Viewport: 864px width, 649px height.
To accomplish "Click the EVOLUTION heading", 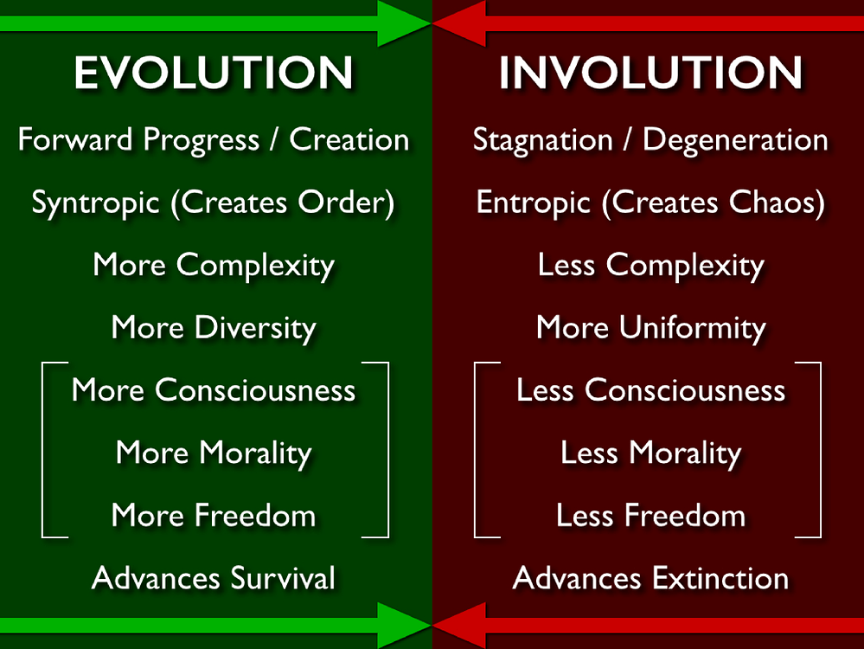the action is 214,72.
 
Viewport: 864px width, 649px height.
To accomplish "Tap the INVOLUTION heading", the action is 650,72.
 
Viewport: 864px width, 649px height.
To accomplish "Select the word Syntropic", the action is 96,203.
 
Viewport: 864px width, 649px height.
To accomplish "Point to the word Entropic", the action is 533,203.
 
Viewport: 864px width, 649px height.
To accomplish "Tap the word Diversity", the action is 256,329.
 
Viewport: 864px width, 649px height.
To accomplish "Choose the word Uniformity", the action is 693,329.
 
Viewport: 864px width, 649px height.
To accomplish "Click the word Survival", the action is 283,578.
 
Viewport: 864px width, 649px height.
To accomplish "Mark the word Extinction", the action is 720,578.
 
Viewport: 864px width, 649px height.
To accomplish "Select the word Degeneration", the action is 735,140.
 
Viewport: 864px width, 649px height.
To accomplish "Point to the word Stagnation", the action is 543,140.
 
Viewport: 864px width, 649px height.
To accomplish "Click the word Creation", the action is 349,139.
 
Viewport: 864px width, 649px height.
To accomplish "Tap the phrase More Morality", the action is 214,453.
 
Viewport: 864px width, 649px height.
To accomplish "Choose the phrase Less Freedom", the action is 650,515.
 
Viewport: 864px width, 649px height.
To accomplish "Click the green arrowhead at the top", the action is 404,23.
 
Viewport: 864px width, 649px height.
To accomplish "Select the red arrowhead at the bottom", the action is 459,626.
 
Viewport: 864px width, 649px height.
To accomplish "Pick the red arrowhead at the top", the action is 459,23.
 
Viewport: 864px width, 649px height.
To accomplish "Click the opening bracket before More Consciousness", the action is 43,449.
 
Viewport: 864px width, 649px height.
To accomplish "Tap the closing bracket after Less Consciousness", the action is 820,449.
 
